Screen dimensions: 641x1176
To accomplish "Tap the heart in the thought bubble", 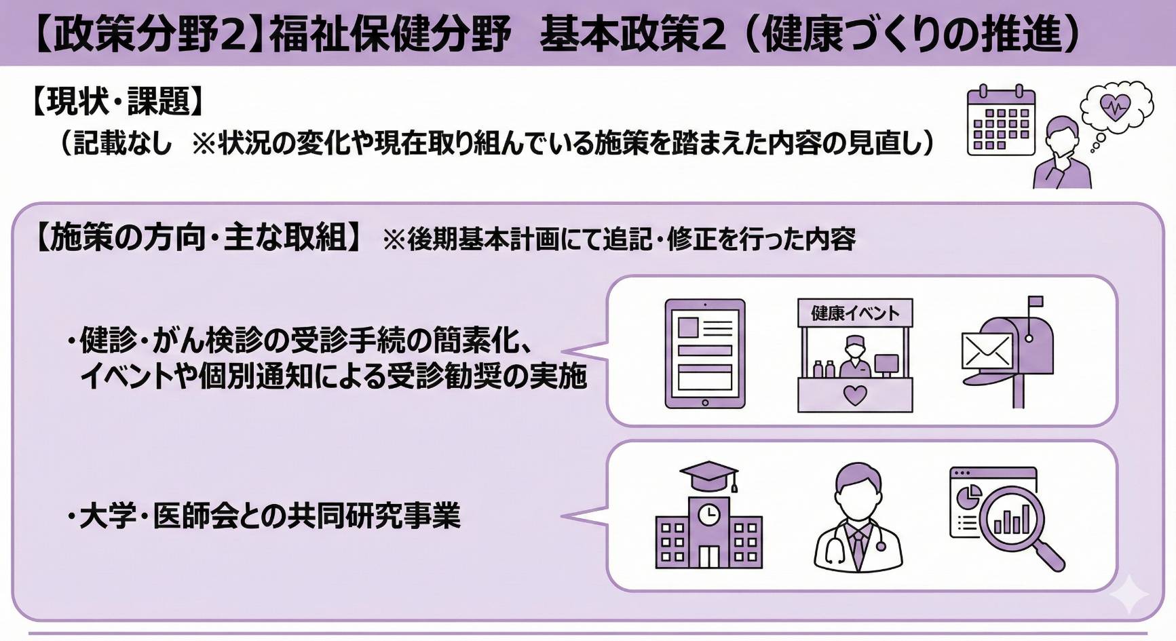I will coord(1115,106).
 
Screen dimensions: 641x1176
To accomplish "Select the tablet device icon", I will coord(704,353).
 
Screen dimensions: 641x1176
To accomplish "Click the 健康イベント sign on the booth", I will coord(855,313).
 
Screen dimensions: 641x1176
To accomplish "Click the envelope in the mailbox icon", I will coord(987,351).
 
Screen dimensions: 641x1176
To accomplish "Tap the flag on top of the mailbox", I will coord(1036,301).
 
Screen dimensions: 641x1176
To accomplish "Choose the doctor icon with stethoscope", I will coord(858,519).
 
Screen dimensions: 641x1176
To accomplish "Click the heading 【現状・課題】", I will coord(117,102).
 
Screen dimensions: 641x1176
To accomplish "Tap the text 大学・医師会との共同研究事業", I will coord(269,516).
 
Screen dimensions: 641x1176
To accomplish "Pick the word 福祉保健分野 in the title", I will coord(390,34).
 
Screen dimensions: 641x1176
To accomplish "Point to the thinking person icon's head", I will coord(1062,134).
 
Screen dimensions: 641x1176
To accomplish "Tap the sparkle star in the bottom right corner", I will coord(1129,594).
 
